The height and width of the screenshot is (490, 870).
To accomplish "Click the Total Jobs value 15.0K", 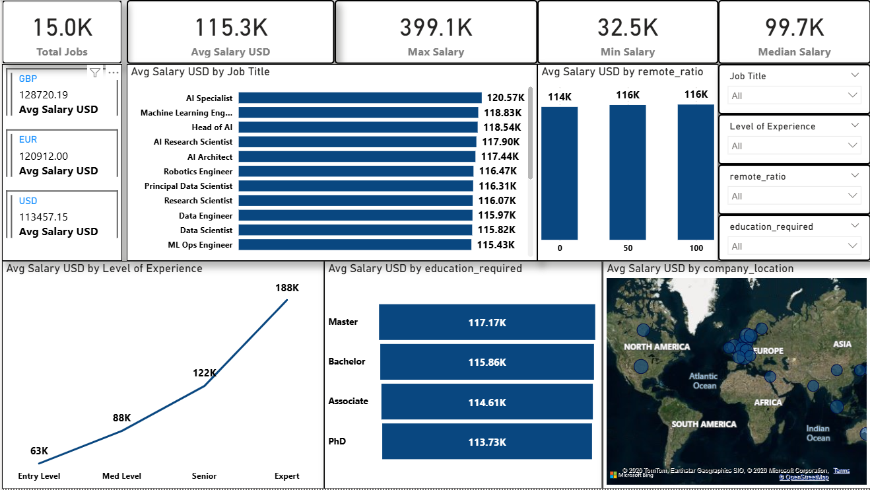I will pyautogui.click(x=63, y=28).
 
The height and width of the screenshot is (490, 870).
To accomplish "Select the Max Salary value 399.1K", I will pyautogui.click(x=436, y=28).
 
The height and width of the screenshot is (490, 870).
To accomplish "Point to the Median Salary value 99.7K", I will pyautogui.click(x=794, y=28).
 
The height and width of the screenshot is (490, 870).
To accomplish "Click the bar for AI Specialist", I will pyautogui.click(x=360, y=98).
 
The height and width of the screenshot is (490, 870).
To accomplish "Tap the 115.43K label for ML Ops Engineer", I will pyautogui.click(x=496, y=245).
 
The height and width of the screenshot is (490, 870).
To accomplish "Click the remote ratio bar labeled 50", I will pyautogui.click(x=627, y=172).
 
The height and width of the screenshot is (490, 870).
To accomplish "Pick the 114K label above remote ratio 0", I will pyautogui.click(x=559, y=98).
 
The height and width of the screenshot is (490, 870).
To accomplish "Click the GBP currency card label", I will pyautogui.click(x=28, y=79).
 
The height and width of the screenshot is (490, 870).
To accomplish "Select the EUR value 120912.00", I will pyautogui.click(x=44, y=156).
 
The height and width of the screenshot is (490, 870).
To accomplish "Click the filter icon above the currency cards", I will pyautogui.click(x=95, y=73).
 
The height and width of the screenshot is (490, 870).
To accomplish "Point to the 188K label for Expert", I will pyautogui.click(x=287, y=288).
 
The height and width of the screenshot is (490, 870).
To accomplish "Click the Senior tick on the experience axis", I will pyautogui.click(x=204, y=475).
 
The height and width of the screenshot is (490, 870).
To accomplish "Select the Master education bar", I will pyautogui.click(x=486, y=322).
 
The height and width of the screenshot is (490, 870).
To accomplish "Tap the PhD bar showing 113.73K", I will pyautogui.click(x=486, y=442).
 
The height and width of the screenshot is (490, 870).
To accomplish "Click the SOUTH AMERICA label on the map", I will pyautogui.click(x=704, y=424).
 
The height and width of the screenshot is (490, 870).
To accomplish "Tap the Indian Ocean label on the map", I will pyautogui.click(x=818, y=433).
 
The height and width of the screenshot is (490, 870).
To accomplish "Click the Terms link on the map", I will pyautogui.click(x=841, y=471).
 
